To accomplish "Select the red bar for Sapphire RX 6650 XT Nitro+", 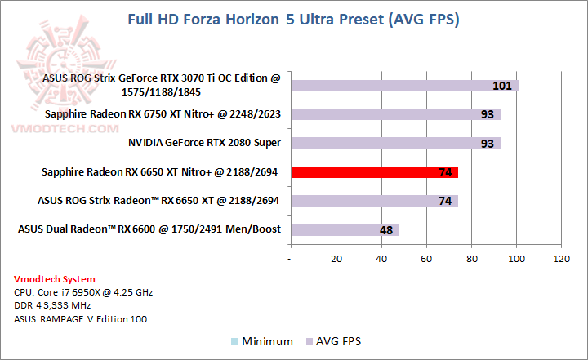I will point(374,171).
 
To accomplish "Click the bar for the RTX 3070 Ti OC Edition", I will point(404,86).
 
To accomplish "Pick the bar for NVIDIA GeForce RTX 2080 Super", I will point(395,143).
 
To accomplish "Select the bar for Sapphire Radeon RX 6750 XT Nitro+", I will point(395,114).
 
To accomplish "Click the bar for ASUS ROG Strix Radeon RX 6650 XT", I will point(374,200).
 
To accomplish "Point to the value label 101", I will point(502,86).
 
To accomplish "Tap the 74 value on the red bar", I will point(446,172).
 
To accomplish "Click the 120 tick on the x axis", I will point(561,259).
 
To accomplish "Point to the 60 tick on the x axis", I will point(425,259).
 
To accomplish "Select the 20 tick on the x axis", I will point(336,259).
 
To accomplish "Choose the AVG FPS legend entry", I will point(332,342).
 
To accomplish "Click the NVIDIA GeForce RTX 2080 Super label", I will point(204,143).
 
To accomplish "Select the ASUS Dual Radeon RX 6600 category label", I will point(149,229).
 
